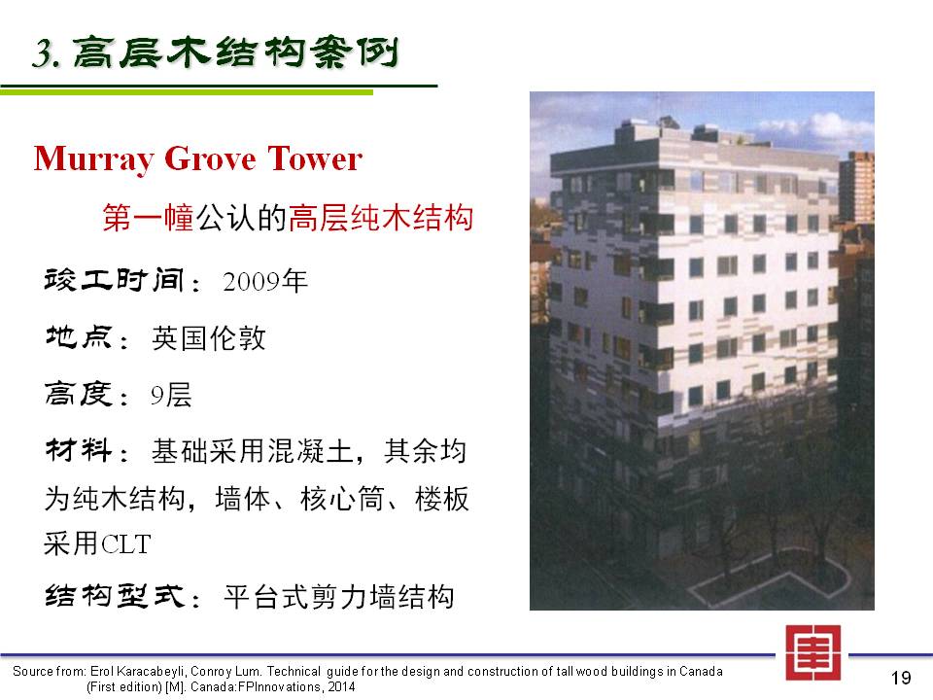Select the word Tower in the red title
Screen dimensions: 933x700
click(315, 158)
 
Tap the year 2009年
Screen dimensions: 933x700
click(265, 281)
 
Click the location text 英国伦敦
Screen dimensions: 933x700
click(208, 338)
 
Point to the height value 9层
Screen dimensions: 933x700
click(171, 396)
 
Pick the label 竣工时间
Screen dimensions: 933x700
click(114, 280)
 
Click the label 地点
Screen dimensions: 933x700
click(79, 337)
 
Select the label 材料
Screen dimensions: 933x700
click(79, 450)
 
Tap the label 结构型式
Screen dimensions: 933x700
click(115, 596)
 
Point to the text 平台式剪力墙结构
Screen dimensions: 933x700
click(338, 596)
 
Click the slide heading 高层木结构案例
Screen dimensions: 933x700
click(235, 52)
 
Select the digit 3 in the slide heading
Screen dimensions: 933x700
click(42, 52)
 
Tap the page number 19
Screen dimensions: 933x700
click(901, 678)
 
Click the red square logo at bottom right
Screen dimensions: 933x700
click(812, 652)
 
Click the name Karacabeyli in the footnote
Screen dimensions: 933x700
click(150, 672)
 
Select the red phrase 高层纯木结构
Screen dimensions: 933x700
click(380, 217)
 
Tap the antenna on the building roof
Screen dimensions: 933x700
click(658, 107)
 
